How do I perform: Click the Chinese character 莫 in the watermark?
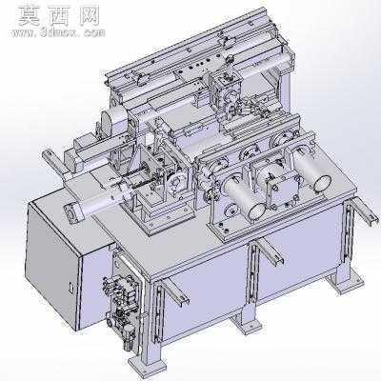click(x=29, y=15)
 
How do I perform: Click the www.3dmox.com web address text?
click(x=58, y=32)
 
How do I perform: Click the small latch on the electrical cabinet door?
click(x=70, y=286)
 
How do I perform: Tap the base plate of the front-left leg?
click(x=148, y=365)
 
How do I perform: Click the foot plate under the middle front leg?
click(x=247, y=324)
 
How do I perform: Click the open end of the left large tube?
click(x=257, y=211)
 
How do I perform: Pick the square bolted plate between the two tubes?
click(x=284, y=190)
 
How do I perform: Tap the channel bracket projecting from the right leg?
click(x=365, y=211)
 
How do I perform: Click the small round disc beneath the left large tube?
click(x=230, y=211)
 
